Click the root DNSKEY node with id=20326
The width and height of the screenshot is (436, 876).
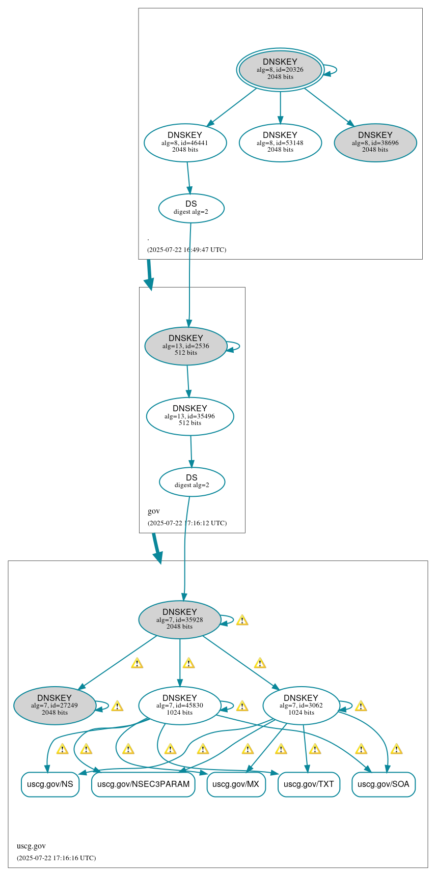(x=280, y=69)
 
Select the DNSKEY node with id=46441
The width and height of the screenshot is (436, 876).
(x=185, y=143)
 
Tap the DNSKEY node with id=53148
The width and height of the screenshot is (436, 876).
(x=280, y=143)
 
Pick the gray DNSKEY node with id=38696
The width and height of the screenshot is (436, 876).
(x=375, y=143)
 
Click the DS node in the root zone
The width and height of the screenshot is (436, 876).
(x=191, y=208)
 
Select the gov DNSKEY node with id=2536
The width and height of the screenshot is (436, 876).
(x=185, y=346)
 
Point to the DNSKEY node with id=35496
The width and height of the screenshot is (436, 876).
(x=189, y=416)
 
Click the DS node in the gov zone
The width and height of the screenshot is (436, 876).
(x=192, y=482)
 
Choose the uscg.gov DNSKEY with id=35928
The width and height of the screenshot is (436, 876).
(x=179, y=619)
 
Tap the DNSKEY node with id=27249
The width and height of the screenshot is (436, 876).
(x=54, y=705)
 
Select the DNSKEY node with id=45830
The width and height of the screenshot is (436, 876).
(x=179, y=705)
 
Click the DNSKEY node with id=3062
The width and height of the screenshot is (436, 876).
(x=301, y=705)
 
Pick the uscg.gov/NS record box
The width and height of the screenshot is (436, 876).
(x=50, y=784)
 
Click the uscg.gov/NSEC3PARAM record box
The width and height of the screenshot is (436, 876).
(x=143, y=784)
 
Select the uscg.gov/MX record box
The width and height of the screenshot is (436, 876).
(x=236, y=784)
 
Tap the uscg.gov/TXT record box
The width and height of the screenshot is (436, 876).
(x=309, y=784)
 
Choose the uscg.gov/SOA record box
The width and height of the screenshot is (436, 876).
(x=384, y=784)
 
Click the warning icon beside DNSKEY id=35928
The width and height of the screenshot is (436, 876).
(x=242, y=620)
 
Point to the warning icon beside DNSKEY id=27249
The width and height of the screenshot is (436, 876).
(x=117, y=706)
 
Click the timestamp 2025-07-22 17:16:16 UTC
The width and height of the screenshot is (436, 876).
(x=56, y=858)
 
